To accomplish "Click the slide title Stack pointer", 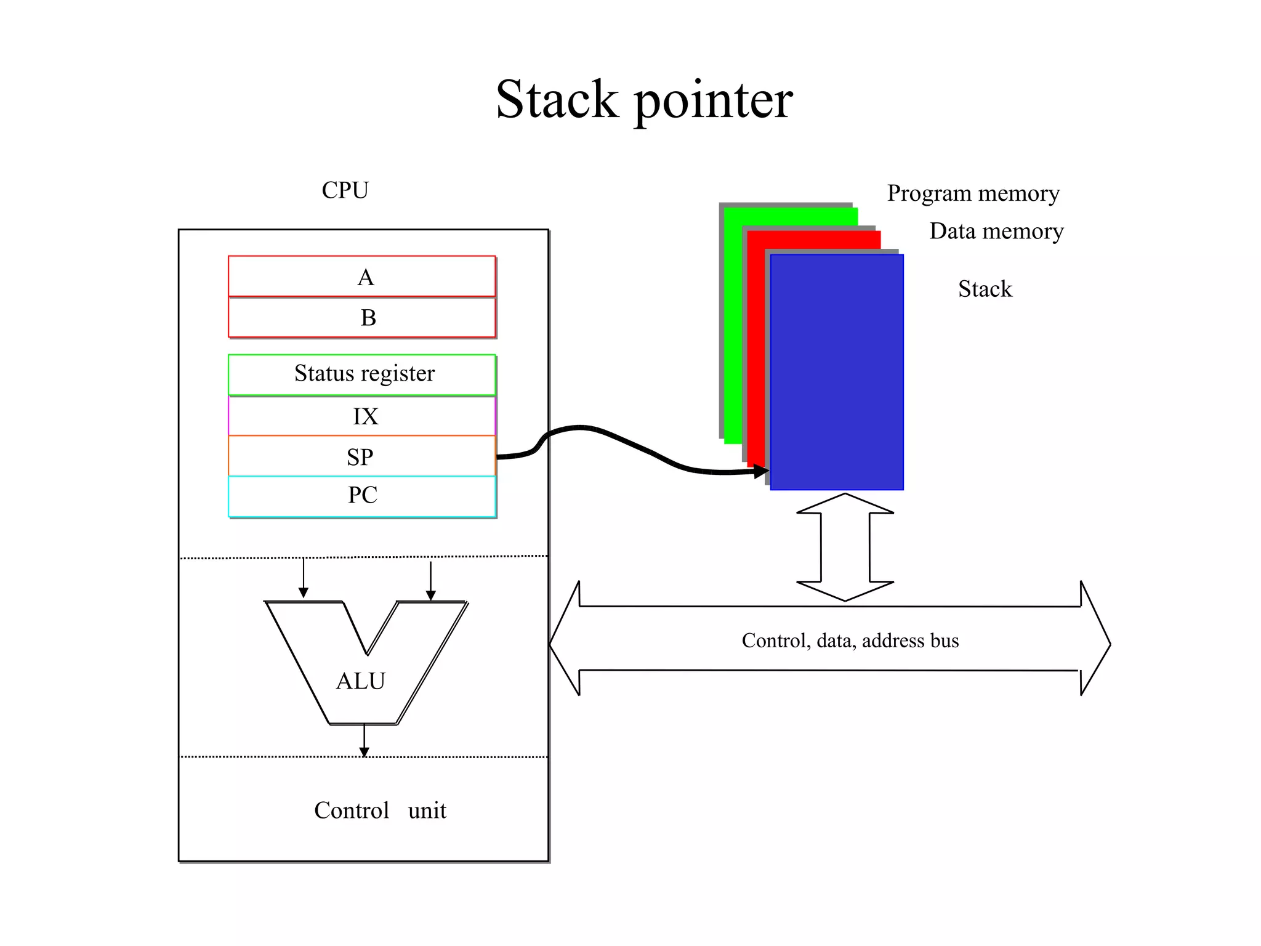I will pyautogui.click(x=644, y=100).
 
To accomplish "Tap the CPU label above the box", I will pyautogui.click(x=345, y=190).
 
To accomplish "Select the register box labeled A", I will pyautogui.click(x=362, y=277).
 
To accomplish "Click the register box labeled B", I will pyautogui.click(x=362, y=318).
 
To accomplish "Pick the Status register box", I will pyautogui.click(x=362, y=374).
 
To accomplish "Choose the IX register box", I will pyautogui.click(x=362, y=416).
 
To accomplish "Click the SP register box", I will pyautogui.click(x=362, y=456).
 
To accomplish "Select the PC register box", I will pyautogui.click(x=362, y=496).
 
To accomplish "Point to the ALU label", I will pyautogui.click(x=361, y=681).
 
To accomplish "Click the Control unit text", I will pyautogui.click(x=380, y=811).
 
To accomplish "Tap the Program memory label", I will pyautogui.click(x=973, y=193).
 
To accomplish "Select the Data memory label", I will pyautogui.click(x=996, y=232).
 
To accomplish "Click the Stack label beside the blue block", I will pyautogui.click(x=985, y=289).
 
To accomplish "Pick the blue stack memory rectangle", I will pyautogui.click(x=837, y=372).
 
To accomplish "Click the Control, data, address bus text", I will pyautogui.click(x=850, y=641).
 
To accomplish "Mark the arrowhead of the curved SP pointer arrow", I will pyautogui.click(x=763, y=472).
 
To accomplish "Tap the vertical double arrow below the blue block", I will pyautogui.click(x=845, y=547).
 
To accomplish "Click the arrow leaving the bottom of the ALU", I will pyautogui.click(x=364, y=742).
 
